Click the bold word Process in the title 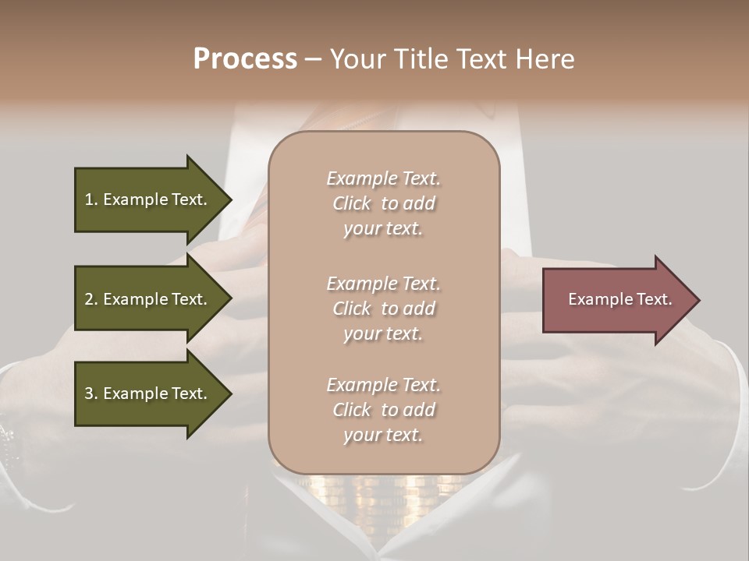pos(245,59)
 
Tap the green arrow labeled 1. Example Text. pos(148,199)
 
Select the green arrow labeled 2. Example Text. pos(148,299)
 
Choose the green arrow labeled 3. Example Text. pos(148,393)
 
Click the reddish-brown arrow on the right pos(616,300)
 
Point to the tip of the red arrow pos(698,300)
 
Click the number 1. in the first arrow pos(91,199)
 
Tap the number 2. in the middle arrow pos(91,299)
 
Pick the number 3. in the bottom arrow pos(91,393)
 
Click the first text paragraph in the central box pos(383,203)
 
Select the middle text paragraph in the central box pos(383,309)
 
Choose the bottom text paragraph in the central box pos(383,410)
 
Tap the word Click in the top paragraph pos(352,203)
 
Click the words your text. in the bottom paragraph pos(383,435)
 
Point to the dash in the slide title pos(314,59)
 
